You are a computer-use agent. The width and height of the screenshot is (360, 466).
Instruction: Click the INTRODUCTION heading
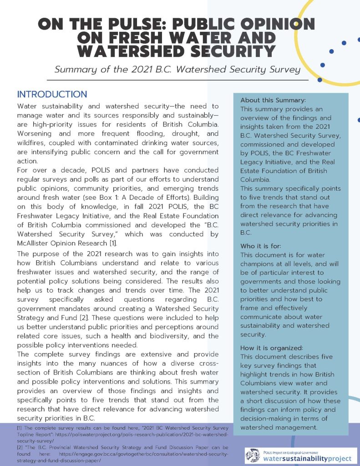[52, 95]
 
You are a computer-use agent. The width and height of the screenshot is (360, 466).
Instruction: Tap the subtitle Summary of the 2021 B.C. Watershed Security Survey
[177, 70]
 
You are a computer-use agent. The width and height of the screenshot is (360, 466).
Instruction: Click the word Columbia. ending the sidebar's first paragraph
[254, 179]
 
